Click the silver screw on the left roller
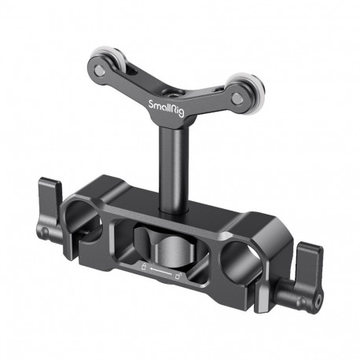[100, 69]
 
